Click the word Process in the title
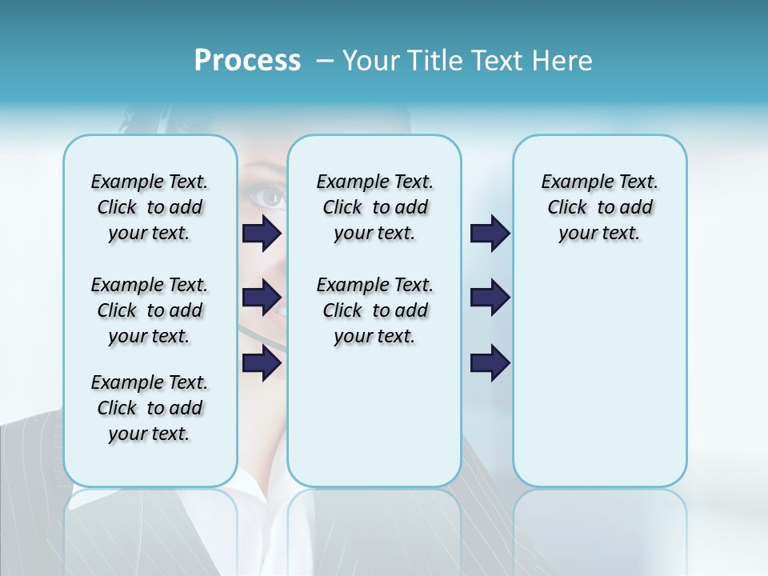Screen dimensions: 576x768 pyautogui.click(x=247, y=61)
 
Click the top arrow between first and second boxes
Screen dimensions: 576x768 pyautogui.click(x=262, y=234)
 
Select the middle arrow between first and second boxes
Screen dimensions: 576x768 pyautogui.click(x=262, y=298)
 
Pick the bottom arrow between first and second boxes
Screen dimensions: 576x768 pyautogui.click(x=262, y=363)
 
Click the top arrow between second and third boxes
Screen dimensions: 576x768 pyautogui.click(x=490, y=234)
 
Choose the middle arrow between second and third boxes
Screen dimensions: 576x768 pyautogui.click(x=490, y=298)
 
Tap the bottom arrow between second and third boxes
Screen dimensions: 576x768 pyautogui.click(x=490, y=363)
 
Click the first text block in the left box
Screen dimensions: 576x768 pyautogui.click(x=150, y=207)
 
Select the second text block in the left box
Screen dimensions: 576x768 pyautogui.click(x=150, y=310)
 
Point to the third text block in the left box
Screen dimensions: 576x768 pyautogui.click(x=150, y=408)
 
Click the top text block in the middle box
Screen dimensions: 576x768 pyautogui.click(x=374, y=207)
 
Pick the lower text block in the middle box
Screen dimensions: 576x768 pyautogui.click(x=374, y=310)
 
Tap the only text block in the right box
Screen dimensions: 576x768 pyautogui.click(x=599, y=207)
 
